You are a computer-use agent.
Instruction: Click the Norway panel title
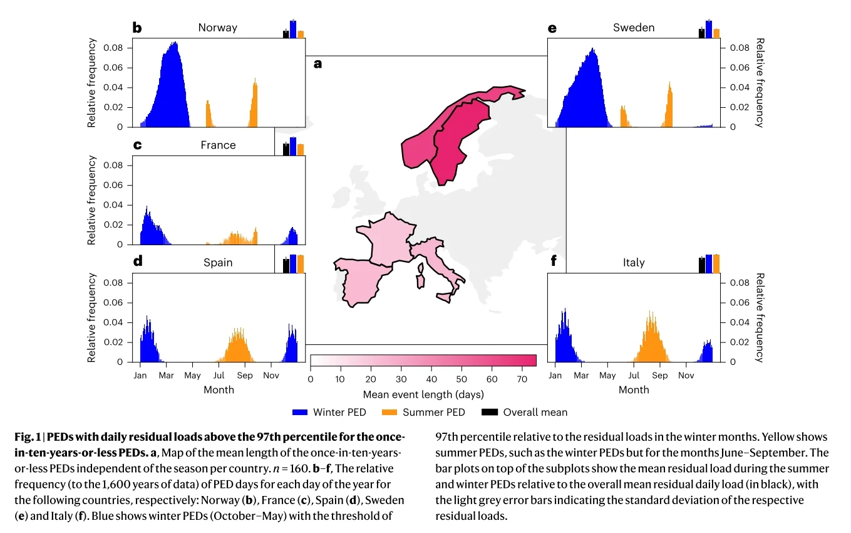pos(217,28)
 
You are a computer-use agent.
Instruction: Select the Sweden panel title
pos(634,28)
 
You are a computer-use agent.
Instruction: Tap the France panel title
pos(218,145)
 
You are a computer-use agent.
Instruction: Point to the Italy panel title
pos(634,263)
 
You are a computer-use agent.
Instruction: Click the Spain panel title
pos(218,263)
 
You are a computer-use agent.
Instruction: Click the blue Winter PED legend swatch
pos(300,412)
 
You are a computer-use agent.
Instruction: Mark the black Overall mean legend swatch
pos(490,412)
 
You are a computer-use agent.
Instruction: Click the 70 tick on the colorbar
pos(521,379)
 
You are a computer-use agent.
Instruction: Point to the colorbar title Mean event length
pos(423,395)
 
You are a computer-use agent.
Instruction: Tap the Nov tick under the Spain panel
pos(271,376)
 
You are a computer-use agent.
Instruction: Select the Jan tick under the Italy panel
pos(555,376)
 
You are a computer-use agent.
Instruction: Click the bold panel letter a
pos(317,64)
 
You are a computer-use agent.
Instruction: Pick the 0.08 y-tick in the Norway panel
pos(118,48)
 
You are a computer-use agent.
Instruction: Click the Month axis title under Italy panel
pos(634,390)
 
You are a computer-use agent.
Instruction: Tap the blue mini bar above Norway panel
pos(292,28)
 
